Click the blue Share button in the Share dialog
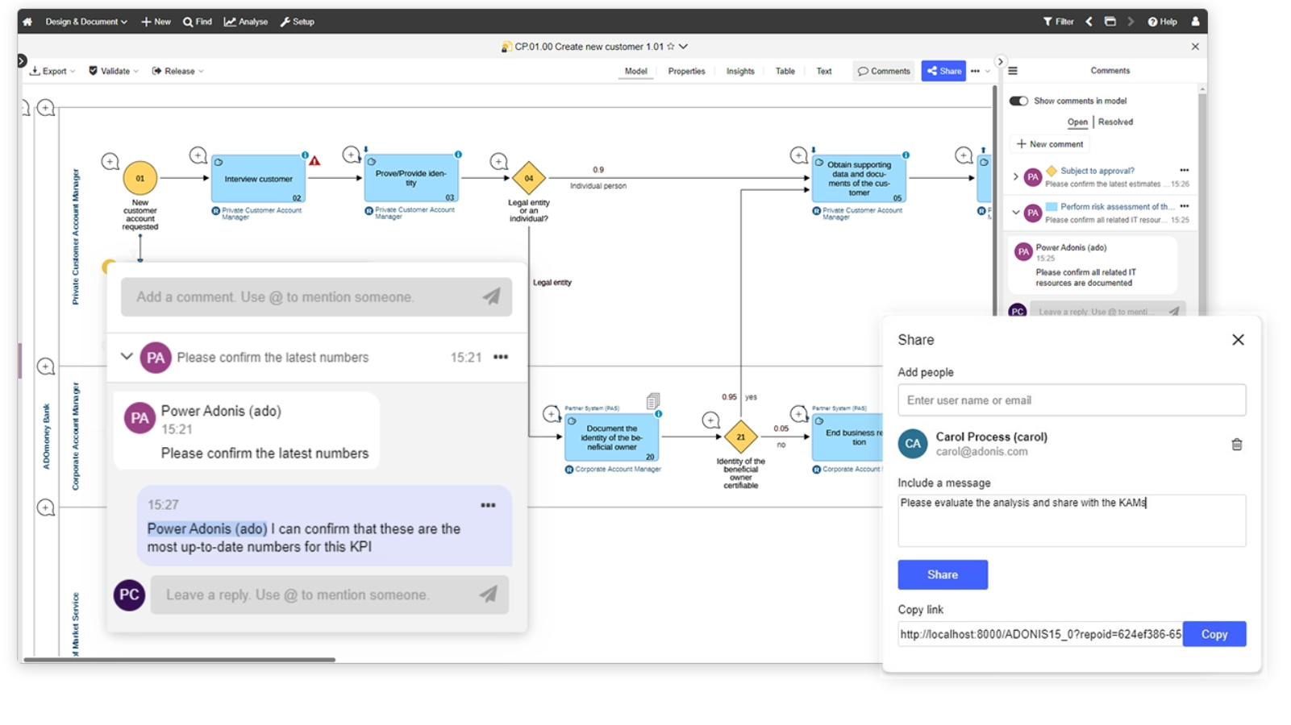click(x=942, y=574)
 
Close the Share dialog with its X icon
click(x=1238, y=340)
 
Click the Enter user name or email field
click(x=1071, y=400)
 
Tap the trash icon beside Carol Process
click(x=1236, y=444)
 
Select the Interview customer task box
click(x=258, y=179)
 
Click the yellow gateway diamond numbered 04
click(x=529, y=178)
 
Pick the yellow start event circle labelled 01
click(x=140, y=178)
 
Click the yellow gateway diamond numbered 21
click(x=740, y=437)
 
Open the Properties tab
click(x=686, y=71)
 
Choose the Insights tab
click(x=740, y=71)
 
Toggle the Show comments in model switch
click(x=1018, y=101)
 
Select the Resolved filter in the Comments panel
click(x=1115, y=122)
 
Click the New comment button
click(x=1050, y=144)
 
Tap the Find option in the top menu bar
click(x=198, y=22)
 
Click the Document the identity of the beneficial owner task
click(x=611, y=437)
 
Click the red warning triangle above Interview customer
click(x=314, y=161)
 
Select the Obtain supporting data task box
click(x=859, y=178)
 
